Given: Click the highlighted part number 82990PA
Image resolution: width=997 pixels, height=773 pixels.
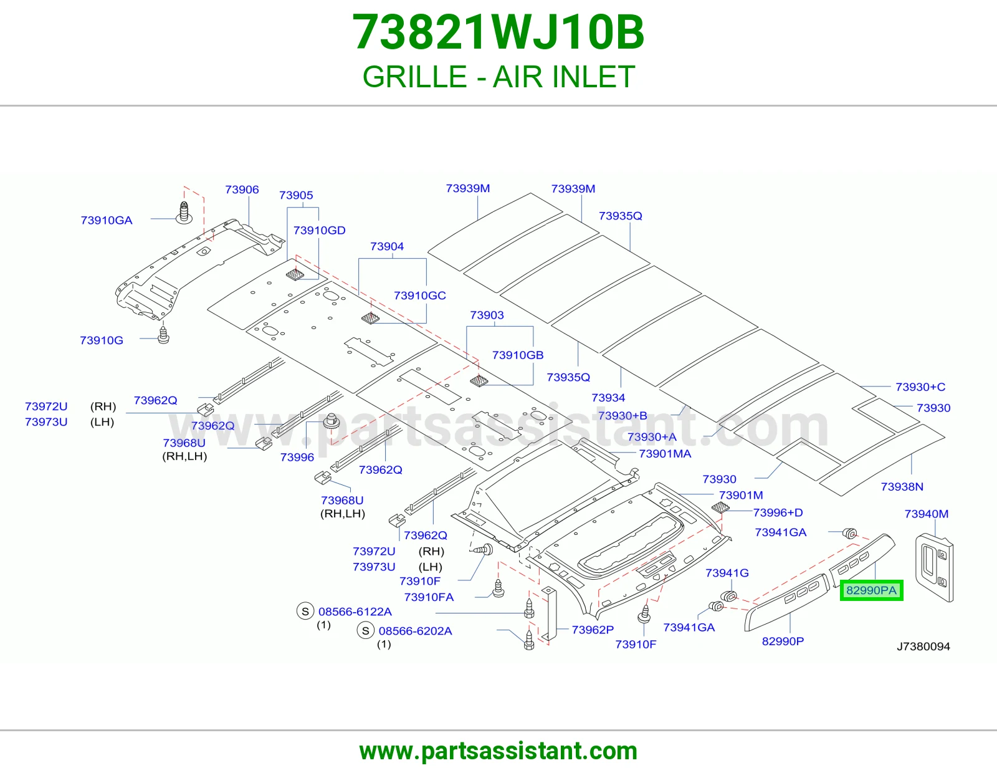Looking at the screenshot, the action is click(871, 590).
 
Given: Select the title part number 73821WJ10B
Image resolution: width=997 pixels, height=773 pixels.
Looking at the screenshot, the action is click(499, 32).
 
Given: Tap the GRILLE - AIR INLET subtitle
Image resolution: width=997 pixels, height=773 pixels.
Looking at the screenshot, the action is click(499, 77).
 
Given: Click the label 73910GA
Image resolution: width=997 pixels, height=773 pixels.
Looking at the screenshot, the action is click(107, 220).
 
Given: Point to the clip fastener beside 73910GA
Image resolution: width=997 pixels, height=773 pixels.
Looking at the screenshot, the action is click(184, 213).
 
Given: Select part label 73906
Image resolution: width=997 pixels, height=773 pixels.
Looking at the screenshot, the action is click(242, 190).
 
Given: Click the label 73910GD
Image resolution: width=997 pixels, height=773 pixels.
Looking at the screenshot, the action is click(319, 231).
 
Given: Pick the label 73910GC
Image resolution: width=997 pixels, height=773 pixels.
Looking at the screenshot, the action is click(420, 295).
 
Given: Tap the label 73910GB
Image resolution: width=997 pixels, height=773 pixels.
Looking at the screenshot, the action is click(518, 355).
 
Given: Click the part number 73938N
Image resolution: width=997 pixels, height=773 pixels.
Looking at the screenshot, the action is click(902, 487).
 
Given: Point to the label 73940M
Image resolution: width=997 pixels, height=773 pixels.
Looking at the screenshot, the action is click(927, 514).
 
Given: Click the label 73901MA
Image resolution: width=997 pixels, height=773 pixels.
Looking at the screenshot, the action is click(665, 454).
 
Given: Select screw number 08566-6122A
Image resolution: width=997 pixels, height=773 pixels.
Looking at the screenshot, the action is click(355, 612).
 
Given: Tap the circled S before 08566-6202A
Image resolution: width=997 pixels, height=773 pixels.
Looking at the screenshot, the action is click(366, 631).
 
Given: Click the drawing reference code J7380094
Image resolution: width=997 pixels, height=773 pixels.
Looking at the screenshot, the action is click(923, 647).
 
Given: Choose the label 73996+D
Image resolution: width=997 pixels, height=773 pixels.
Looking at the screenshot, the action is click(778, 512).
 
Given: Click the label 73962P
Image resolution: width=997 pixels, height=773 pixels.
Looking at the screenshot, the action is click(593, 630).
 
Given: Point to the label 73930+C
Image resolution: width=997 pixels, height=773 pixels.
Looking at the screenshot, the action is click(920, 387).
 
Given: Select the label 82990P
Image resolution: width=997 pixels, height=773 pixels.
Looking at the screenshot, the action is click(783, 641).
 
